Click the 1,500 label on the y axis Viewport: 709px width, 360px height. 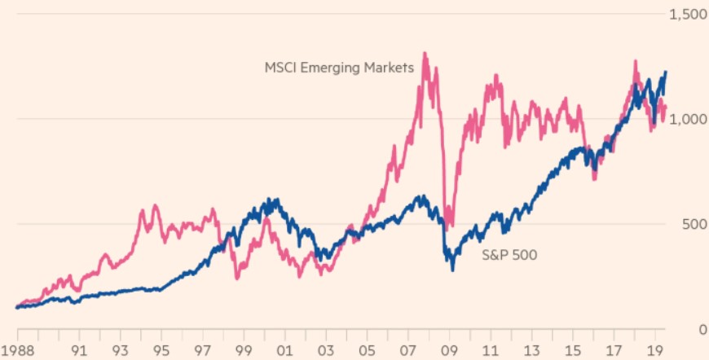click(x=687, y=15)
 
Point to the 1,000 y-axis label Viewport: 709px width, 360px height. click(x=687, y=119)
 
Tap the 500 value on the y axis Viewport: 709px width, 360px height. click(x=693, y=224)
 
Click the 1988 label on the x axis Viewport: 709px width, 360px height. click(x=17, y=352)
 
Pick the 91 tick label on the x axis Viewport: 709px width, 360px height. click(x=79, y=352)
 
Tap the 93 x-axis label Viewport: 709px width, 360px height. click(x=121, y=352)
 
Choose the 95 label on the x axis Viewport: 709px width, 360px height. click(x=162, y=352)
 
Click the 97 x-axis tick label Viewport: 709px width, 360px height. click(x=204, y=352)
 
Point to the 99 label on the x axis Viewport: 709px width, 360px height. click(x=244, y=352)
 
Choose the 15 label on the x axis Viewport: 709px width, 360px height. click(x=576, y=352)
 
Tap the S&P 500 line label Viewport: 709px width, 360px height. click(x=509, y=254)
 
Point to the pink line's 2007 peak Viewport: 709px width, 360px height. click(x=425, y=54)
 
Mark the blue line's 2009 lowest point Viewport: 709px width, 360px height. click(x=453, y=269)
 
